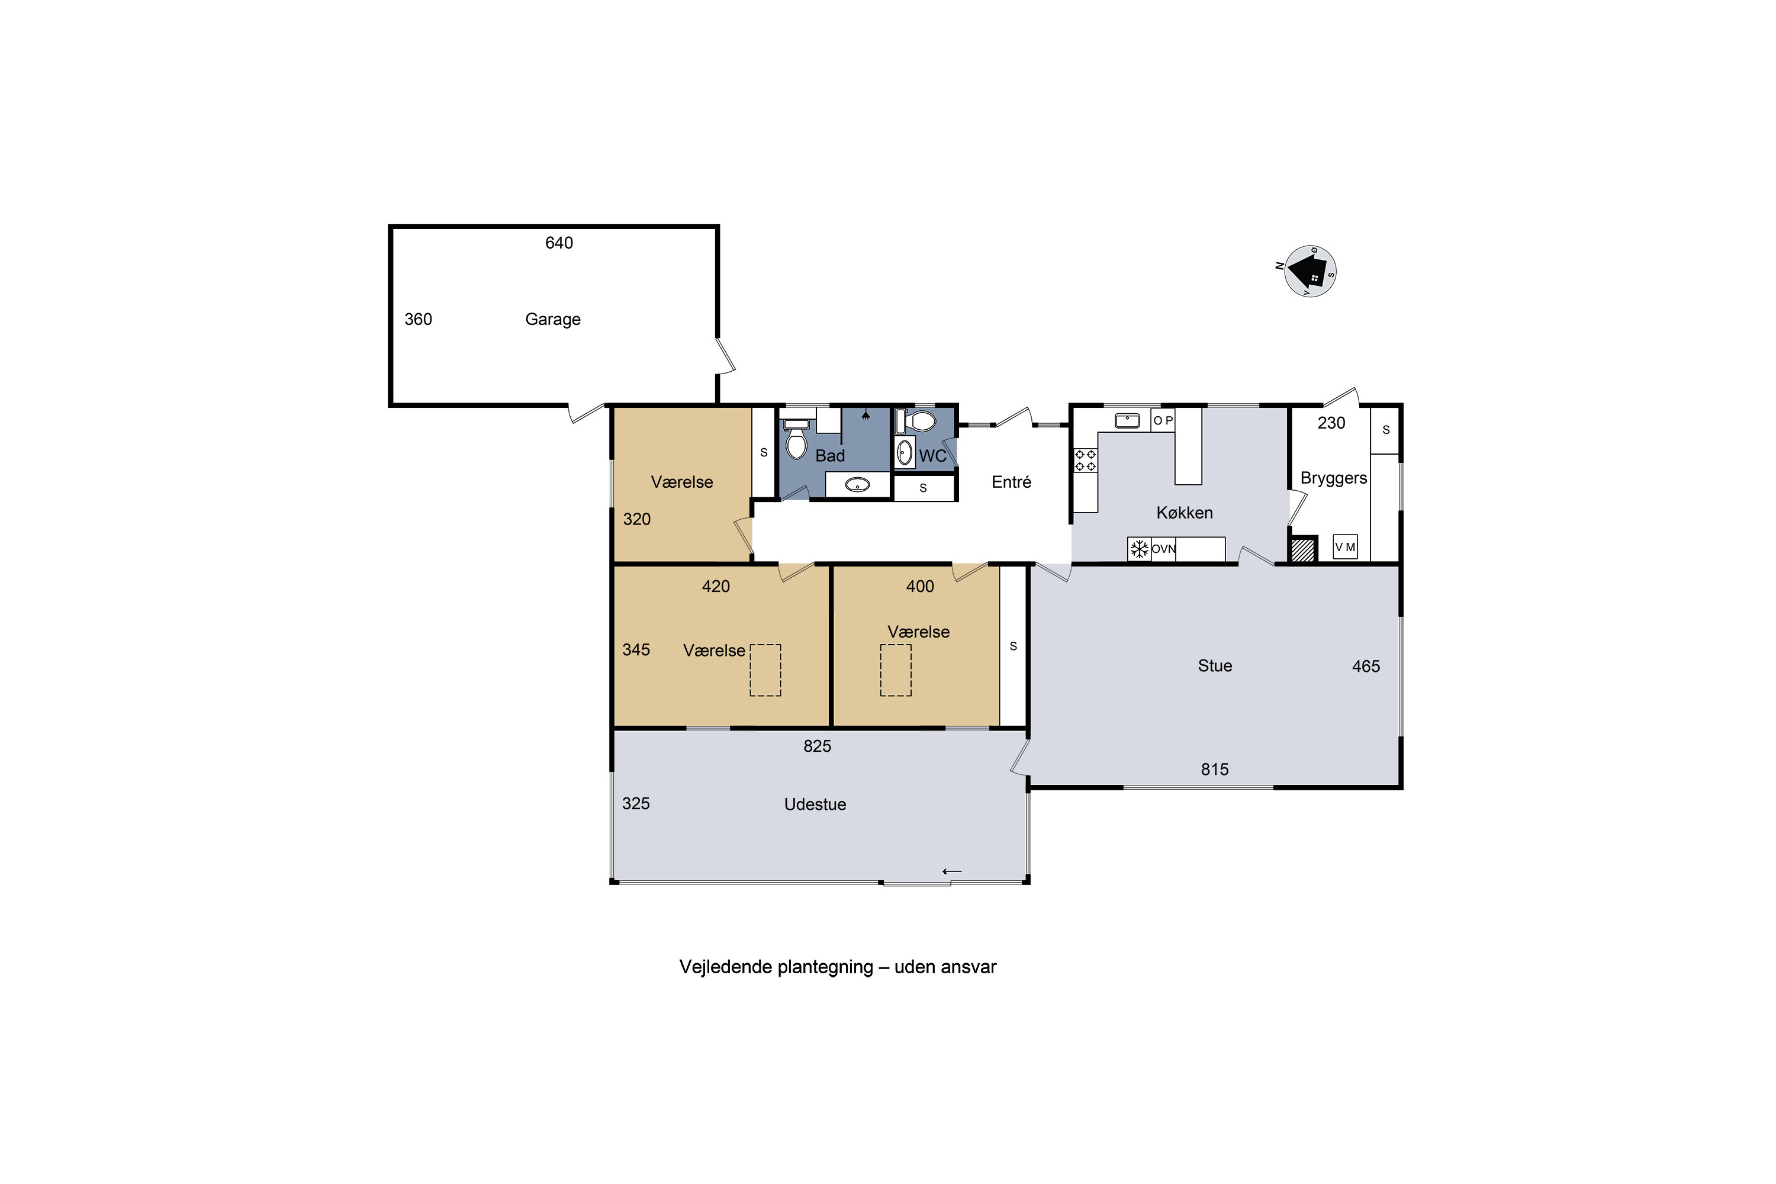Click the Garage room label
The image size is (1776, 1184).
tap(553, 320)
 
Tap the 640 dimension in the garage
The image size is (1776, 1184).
tap(559, 243)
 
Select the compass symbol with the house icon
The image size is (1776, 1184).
tap(1310, 271)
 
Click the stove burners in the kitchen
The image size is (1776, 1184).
tap(1085, 460)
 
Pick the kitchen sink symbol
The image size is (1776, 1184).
tap(1127, 420)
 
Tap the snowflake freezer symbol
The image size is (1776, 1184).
tap(1138, 549)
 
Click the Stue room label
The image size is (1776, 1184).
tap(1215, 666)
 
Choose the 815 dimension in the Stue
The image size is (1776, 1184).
tap(1215, 770)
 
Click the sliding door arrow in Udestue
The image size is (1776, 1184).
tap(952, 871)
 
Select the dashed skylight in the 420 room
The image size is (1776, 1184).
tap(765, 670)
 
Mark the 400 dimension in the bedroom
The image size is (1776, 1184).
tap(920, 587)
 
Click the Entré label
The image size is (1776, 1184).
tap(1011, 482)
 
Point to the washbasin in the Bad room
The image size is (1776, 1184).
tap(857, 485)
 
